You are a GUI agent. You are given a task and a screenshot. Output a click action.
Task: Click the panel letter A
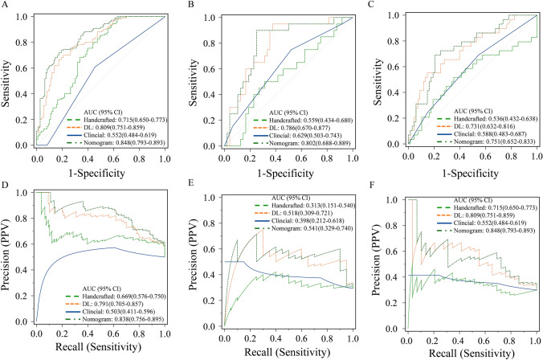6,6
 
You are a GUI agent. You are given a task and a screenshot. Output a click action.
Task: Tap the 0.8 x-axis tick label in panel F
512,337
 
